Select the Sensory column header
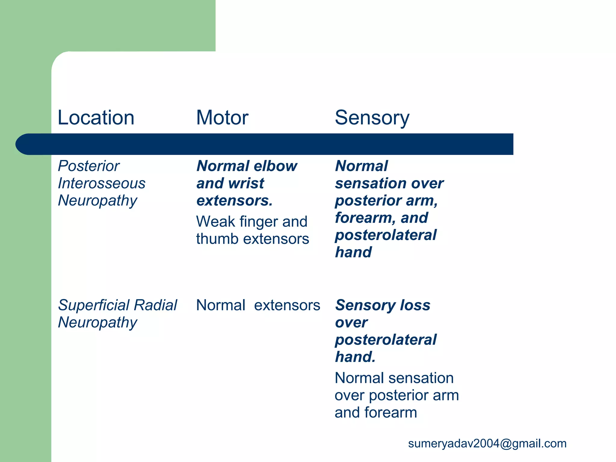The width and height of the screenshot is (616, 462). [x=372, y=118]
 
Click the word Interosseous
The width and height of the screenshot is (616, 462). [x=101, y=183]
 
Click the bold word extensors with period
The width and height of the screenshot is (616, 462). [x=234, y=201]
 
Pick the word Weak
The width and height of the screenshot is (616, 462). [x=216, y=222]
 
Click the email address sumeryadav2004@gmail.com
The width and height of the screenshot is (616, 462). [x=487, y=444]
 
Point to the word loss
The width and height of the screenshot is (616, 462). [x=415, y=305]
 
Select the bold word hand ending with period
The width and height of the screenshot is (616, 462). [x=355, y=357]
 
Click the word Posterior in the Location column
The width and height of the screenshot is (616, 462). [x=89, y=166]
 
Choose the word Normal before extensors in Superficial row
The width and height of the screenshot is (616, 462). [x=220, y=305]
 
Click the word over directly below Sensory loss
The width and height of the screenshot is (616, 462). [x=351, y=323]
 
